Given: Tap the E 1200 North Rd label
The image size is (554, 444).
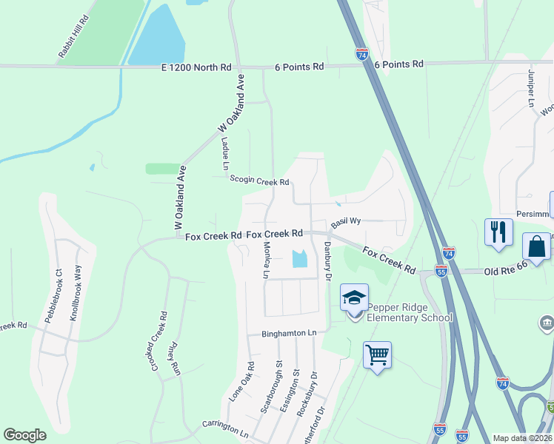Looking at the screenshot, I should coord(196,67).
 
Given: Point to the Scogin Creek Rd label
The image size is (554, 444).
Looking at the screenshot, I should coord(258,180).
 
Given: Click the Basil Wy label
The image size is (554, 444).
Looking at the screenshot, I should coord(345,221).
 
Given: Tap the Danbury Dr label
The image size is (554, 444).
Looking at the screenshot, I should coord(327,261).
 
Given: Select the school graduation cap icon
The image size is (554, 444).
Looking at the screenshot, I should coord(355,297).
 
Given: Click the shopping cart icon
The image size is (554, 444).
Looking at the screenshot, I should coord(377,355).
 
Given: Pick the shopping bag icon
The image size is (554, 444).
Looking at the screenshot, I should coord(536,246).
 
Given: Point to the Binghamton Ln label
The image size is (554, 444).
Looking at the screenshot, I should coord(288,333).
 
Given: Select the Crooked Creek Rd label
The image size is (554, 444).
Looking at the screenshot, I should coord(157,343).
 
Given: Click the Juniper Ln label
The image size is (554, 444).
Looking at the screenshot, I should coord(530,89).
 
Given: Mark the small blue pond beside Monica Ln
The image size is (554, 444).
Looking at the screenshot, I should coord(299,259).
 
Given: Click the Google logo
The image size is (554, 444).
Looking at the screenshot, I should coord(24,435).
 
